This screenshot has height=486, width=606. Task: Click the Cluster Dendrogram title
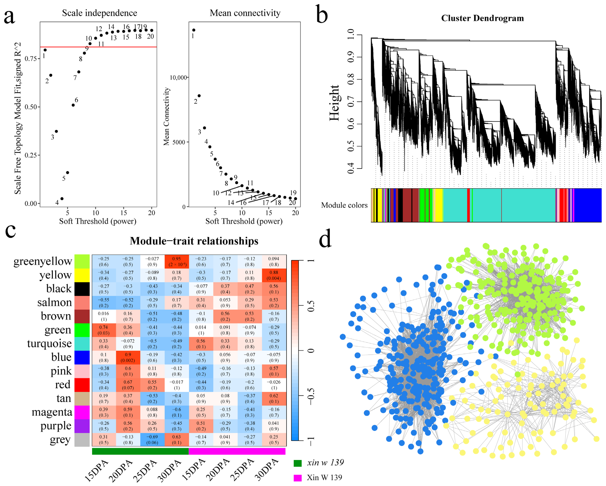482,18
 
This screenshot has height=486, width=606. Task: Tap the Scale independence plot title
100,13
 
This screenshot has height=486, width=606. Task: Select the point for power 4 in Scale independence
62,199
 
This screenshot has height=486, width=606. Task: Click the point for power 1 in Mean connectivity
194,30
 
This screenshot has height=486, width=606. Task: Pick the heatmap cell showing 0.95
177,261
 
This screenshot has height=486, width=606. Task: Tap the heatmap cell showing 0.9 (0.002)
128,357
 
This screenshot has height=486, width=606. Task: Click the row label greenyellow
43,261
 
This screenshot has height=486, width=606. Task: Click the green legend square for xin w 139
298,463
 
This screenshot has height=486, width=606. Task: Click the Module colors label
344,205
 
